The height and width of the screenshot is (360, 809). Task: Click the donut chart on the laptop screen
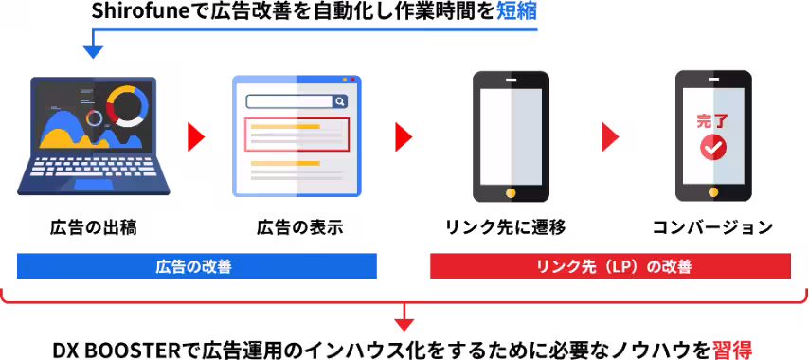coord(127,105)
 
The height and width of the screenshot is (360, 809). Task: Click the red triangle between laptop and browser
coord(195,136)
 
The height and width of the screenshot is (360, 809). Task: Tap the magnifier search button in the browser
coord(339,101)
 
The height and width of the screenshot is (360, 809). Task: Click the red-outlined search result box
coord(297,135)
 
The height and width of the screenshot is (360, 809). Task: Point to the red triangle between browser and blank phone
coord(403,136)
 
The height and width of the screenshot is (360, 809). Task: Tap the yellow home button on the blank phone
coord(511,193)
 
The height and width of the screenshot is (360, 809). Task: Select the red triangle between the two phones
coord(610,136)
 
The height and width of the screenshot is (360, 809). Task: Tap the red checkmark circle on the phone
coord(712,148)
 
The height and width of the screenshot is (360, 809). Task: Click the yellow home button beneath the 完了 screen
coord(713,193)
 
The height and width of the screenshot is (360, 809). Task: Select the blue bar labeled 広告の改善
coord(196,266)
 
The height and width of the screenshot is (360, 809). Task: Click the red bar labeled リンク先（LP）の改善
coord(610,266)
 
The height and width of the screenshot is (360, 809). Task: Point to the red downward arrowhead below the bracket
coord(404,324)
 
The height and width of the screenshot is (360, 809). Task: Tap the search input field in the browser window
coord(288,101)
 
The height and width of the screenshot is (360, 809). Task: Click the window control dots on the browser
coord(350,80)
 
